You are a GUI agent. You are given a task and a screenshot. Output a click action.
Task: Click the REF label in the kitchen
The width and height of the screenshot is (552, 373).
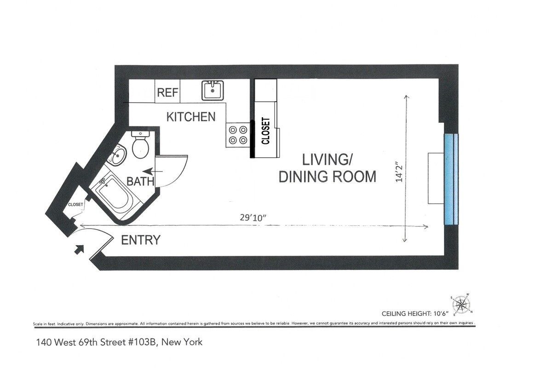click(x=167, y=92)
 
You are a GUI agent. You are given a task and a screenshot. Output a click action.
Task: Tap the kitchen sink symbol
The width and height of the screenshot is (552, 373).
click(x=213, y=90)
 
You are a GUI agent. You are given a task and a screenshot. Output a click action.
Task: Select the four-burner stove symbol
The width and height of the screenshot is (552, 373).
click(x=237, y=135)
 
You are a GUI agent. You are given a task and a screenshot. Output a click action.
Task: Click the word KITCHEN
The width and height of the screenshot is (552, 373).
click(x=190, y=117)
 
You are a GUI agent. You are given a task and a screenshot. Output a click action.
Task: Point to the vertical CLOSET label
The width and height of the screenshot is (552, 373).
click(x=265, y=131)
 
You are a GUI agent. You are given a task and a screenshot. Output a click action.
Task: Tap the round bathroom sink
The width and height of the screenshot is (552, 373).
click(x=117, y=156)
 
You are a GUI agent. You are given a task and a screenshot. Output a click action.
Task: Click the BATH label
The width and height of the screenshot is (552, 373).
click(x=140, y=182)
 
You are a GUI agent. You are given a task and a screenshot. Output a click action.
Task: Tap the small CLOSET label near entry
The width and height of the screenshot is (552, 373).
click(x=75, y=205)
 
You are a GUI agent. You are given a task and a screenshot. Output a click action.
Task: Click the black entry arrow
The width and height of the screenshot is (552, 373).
click(x=79, y=250)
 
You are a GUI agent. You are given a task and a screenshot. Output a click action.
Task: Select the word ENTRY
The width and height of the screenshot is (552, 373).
click(x=140, y=240)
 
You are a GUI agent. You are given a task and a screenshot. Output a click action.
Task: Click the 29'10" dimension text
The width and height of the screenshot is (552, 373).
click(x=253, y=218)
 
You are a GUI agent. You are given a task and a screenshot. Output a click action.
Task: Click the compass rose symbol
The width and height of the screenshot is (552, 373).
click(x=461, y=305)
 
